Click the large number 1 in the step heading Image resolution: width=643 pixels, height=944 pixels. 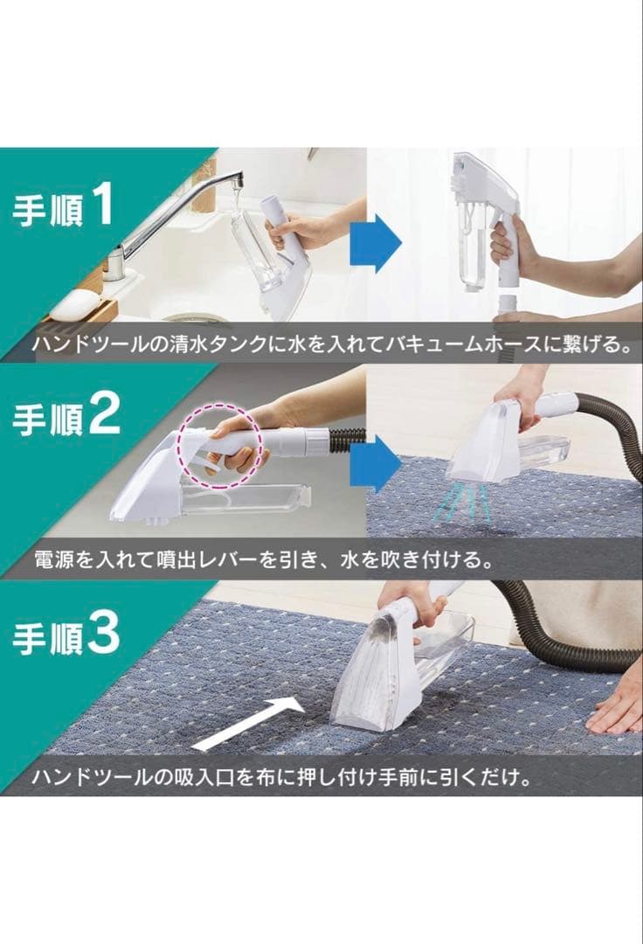tap(102, 206)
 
